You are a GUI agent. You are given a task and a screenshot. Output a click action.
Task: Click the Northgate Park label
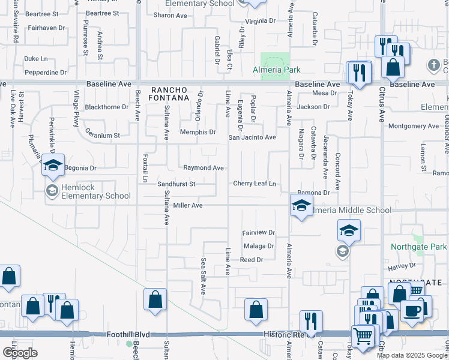(x=418, y=247)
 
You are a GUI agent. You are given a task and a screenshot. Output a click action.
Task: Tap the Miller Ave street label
(x=188, y=205)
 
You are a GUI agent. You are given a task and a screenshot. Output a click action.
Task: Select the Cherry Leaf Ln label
(x=254, y=184)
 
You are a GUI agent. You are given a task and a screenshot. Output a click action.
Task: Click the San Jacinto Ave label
(x=252, y=137)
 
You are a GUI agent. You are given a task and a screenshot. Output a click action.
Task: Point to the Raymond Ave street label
(x=203, y=168)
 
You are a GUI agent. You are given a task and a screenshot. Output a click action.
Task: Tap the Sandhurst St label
(x=176, y=184)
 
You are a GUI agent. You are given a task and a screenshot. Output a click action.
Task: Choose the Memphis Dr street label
(x=198, y=132)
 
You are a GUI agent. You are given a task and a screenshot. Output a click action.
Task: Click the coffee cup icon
(x=412, y=311)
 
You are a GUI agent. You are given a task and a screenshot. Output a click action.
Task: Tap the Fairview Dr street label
(x=258, y=232)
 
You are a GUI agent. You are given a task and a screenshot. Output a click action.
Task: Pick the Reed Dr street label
(x=252, y=260)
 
